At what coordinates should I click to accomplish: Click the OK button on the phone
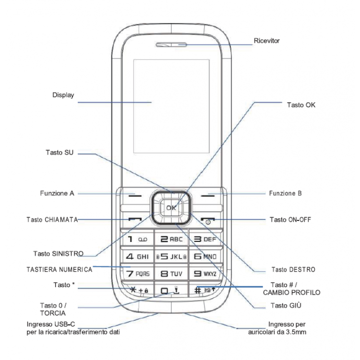coord(171,207)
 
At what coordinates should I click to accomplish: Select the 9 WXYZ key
coord(205,274)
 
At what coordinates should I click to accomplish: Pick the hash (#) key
coord(205,290)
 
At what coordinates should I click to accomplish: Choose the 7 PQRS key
coord(136,274)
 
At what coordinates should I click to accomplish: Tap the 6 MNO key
coord(205,256)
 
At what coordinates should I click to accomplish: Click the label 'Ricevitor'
coord(266,41)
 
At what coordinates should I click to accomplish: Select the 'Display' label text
coord(63,95)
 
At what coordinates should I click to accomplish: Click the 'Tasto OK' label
coord(301,105)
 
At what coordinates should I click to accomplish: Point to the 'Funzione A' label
coord(57,193)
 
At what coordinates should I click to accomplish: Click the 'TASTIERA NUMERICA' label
coord(59,270)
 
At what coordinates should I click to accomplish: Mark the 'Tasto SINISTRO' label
coord(58,253)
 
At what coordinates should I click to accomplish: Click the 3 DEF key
coord(205,239)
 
